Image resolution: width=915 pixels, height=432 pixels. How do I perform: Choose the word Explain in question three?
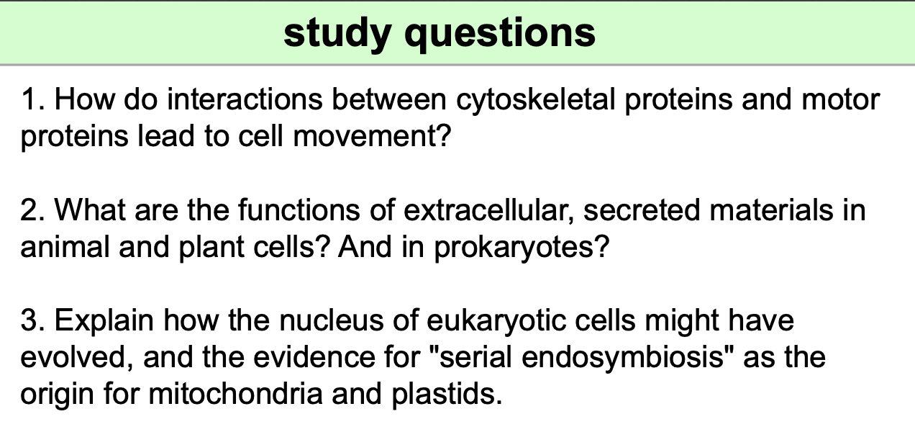[103, 320]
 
